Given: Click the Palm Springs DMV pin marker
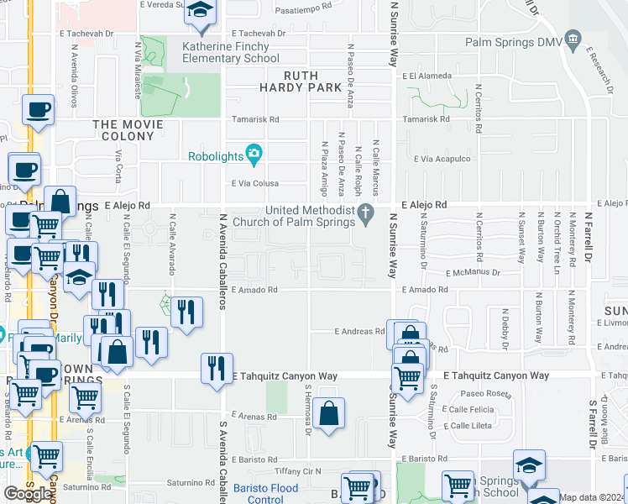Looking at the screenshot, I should (x=573, y=38).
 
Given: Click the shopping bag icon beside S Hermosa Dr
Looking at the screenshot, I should (x=331, y=413).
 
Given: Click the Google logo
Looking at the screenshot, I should (x=28, y=494).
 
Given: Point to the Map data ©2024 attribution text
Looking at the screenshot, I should (x=593, y=497).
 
